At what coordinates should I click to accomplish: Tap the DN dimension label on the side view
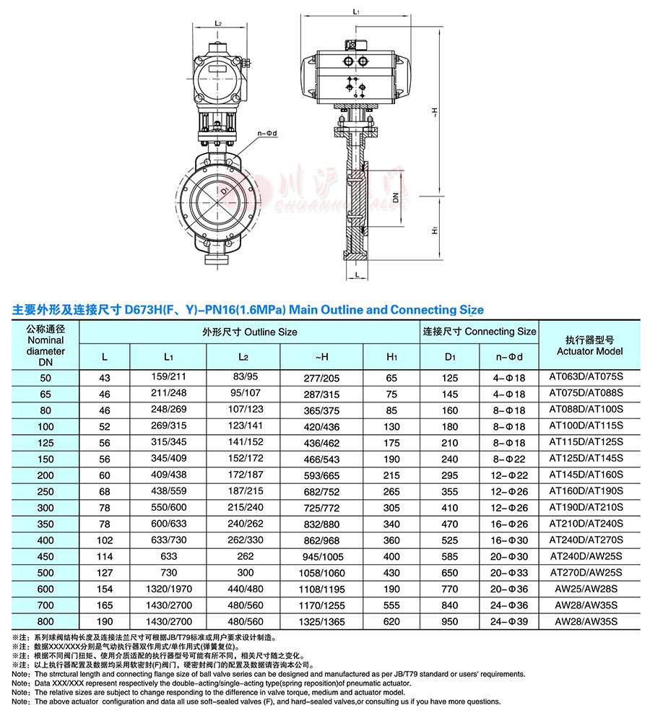click(396, 196)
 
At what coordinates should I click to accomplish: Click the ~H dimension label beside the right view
click(435, 112)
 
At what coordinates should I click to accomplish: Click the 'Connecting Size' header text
click(479, 332)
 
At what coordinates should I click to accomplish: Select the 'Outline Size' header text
click(250, 332)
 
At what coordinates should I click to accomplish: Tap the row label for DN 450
click(45, 557)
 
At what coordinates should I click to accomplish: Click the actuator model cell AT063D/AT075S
click(589, 378)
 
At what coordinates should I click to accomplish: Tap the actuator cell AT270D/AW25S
click(589, 573)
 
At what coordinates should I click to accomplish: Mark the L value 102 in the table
click(105, 540)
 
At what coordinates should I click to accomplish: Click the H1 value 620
click(391, 621)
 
